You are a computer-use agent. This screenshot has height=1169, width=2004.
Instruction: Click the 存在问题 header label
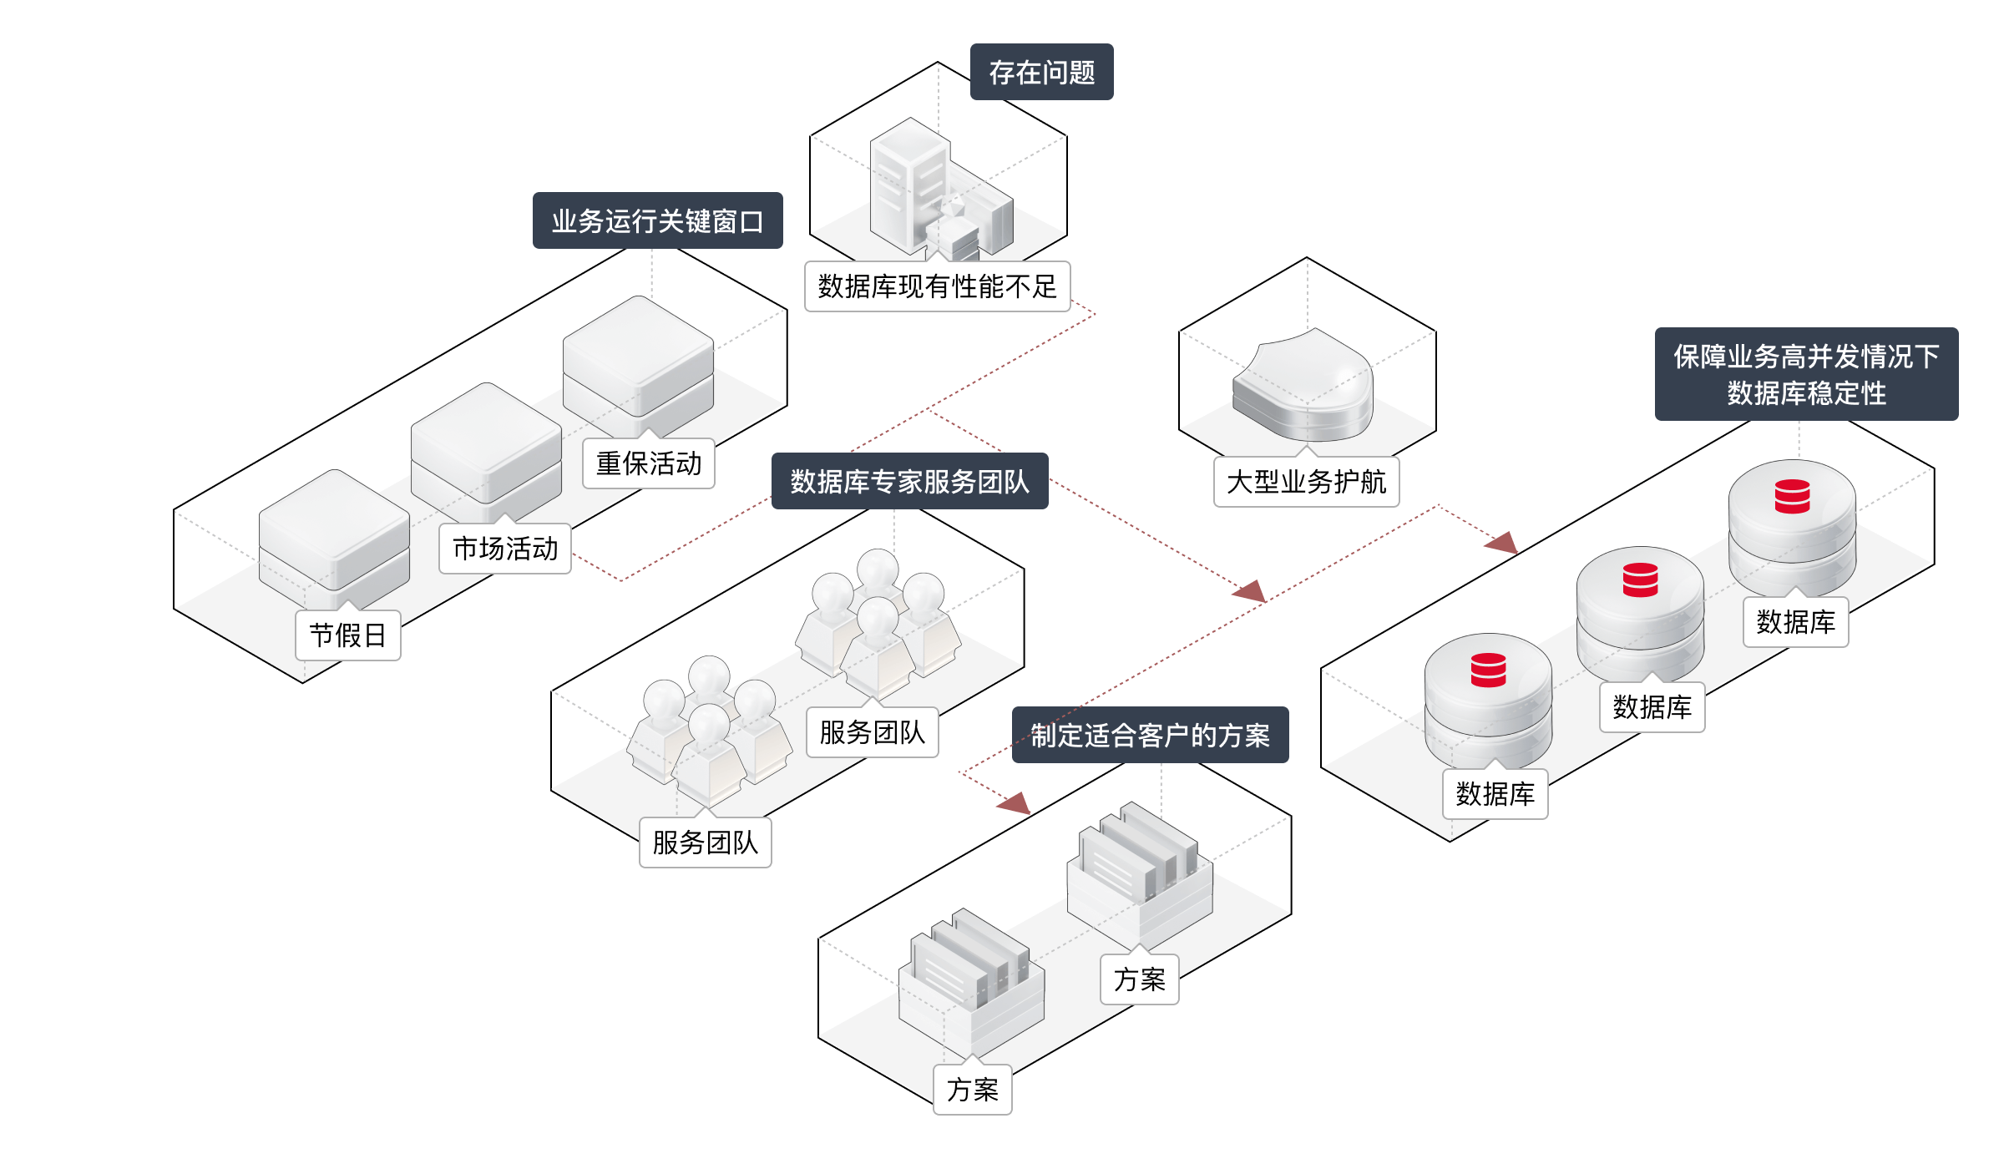click(x=1041, y=73)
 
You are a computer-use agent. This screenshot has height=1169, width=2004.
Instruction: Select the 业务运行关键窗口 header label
click(x=657, y=221)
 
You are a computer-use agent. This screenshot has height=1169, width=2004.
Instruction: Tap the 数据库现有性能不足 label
click(x=937, y=286)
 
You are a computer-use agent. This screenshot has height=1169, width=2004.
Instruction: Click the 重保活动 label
click(x=649, y=463)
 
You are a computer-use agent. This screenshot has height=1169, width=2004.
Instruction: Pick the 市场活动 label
click(x=505, y=549)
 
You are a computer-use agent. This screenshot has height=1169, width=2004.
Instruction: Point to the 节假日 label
click(x=348, y=635)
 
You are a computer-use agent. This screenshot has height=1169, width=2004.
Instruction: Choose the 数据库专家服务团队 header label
click(x=909, y=481)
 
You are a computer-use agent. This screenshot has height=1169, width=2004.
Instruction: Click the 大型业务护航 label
click(x=1306, y=482)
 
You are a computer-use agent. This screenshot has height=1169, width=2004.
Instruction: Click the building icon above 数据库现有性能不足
click(x=935, y=192)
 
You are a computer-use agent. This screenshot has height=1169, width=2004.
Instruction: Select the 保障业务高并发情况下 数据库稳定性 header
click(x=1806, y=374)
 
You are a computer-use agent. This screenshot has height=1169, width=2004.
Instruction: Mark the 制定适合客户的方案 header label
click(x=1150, y=735)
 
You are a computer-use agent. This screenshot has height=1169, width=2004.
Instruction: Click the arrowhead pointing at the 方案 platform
click(x=1015, y=804)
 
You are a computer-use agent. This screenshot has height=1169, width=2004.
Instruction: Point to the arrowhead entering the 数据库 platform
click(x=1501, y=543)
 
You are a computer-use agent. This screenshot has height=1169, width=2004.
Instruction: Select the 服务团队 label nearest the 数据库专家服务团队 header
click(x=873, y=732)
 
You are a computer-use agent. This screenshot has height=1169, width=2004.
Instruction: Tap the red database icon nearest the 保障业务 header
click(x=1792, y=496)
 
